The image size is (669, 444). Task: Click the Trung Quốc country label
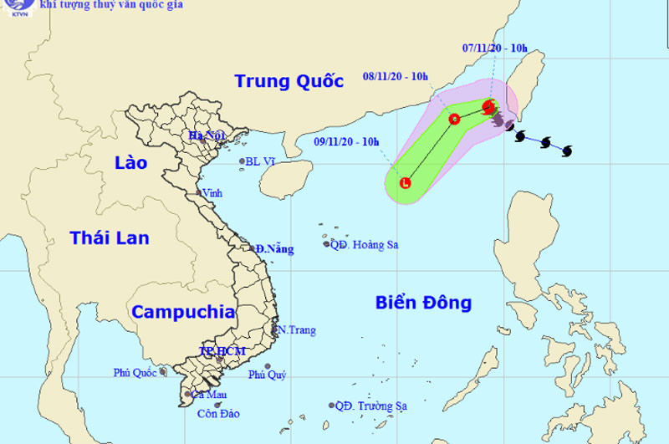click(x=289, y=81)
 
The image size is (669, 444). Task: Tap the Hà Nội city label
click(x=207, y=135)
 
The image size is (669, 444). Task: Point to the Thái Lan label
click(x=110, y=238)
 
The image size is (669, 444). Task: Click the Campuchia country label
click(x=183, y=313)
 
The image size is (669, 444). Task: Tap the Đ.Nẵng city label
click(x=275, y=249)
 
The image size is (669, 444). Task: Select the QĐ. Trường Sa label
click(x=370, y=406)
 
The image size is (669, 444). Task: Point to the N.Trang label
click(x=297, y=330)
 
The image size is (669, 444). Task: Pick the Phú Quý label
click(x=267, y=375)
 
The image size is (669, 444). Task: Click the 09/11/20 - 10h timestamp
click(x=347, y=141)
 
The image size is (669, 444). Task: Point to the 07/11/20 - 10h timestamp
click(x=495, y=48)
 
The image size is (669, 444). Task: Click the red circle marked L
click(x=406, y=182)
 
